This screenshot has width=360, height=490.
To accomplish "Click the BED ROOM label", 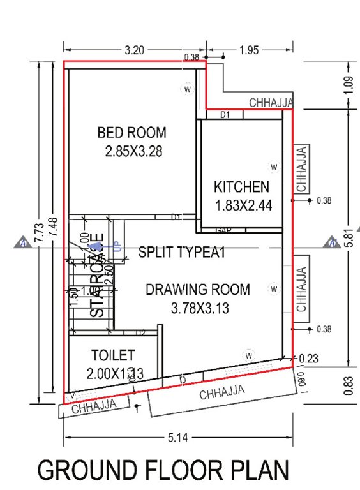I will [x=131, y=133].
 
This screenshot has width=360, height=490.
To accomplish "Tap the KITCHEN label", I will [x=241, y=187].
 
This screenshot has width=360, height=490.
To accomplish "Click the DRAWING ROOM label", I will [x=198, y=290].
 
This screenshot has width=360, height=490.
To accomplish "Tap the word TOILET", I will [x=112, y=355].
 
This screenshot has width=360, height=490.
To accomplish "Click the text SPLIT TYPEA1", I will [x=183, y=252].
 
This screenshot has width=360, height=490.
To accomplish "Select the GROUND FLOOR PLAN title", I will [x=163, y=470].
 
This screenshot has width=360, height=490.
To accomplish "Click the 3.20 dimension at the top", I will [x=134, y=48].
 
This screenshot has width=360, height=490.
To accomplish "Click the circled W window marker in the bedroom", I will [x=188, y=89].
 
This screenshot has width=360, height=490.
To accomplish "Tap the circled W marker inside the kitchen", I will [x=274, y=167].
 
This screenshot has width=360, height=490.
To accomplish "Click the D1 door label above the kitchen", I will [x=225, y=115].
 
